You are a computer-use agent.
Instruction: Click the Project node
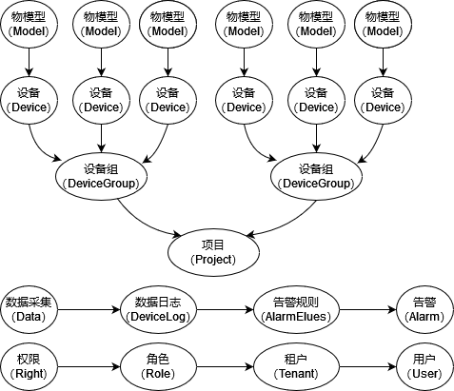pyautogui.click(x=213, y=252)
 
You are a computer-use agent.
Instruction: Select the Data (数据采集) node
pyautogui.click(x=29, y=309)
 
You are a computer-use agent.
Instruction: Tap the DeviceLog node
pyautogui.click(x=158, y=309)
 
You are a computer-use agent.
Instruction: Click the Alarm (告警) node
pyautogui.click(x=424, y=309)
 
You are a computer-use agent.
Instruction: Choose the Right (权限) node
pyautogui.click(x=29, y=367)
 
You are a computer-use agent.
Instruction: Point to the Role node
pyautogui.click(x=158, y=367)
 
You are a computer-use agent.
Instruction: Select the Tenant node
pyautogui.click(x=296, y=367)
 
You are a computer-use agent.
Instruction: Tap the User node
pyautogui.click(x=424, y=367)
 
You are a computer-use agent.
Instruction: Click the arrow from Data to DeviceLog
pyautogui.click(x=89, y=309)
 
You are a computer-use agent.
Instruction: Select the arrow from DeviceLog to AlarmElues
pyautogui.click(x=226, y=309)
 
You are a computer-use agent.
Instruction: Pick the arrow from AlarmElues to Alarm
pyautogui.click(x=368, y=309)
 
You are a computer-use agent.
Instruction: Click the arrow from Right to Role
pyautogui.click(x=89, y=367)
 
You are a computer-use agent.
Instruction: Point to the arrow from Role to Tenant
pyautogui.click(x=226, y=367)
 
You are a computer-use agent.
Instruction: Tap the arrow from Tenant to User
pyautogui.click(x=368, y=367)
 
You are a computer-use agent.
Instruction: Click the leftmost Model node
pyautogui.click(x=30, y=24)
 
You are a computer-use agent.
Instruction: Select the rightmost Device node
pyautogui.click(x=383, y=100)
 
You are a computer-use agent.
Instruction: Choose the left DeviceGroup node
pyautogui.click(x=101, y=176)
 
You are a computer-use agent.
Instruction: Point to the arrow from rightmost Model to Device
pyautogui.click(x=383, y=62)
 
